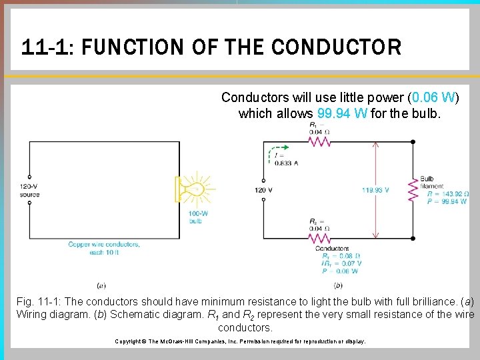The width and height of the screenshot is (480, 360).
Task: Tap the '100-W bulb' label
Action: tap(196, 217)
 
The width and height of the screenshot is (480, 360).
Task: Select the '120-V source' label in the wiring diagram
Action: tap(29, 191)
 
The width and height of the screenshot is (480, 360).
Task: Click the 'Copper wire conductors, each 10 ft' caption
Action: tap(104, 248)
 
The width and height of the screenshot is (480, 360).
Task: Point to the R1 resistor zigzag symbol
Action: tap(319, 142)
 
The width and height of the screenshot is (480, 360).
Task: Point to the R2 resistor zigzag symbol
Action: tap(319, 237)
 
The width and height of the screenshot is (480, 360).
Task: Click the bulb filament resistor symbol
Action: tap(413, 190)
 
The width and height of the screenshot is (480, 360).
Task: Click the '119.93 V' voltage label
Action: tap(376, 190)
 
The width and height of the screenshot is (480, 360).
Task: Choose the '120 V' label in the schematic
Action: tap(264, 190)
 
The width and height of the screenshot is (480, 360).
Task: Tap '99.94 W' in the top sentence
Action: tap(342, 113)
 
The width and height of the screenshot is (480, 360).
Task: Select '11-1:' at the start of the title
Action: tap(39, 47)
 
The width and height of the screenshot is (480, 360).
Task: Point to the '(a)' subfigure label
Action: tap(101, 285)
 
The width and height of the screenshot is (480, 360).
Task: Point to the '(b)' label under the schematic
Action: tap(337, 285)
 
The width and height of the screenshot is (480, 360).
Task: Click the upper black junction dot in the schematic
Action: tap(413, 142)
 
